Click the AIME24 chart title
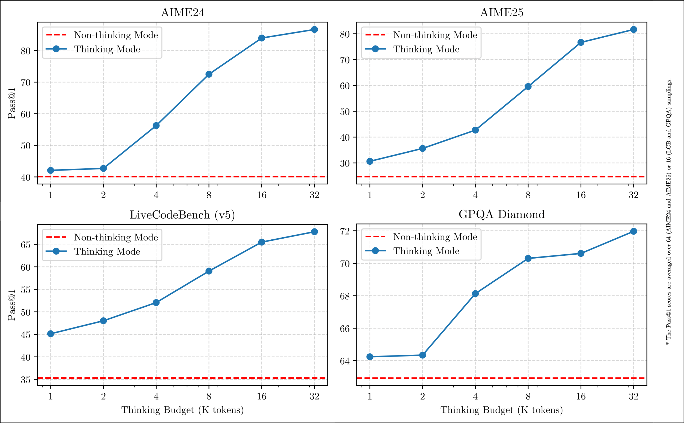pyautogui.click(x=183, y=13)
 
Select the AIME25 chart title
pyautogui.click(x=502, y=13)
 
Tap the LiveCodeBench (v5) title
pyautogui.click(x=182, y=215)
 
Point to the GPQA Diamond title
pyautogui.click(x=502, y=214)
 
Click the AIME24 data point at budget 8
pyautogui.click(x=209, y=74)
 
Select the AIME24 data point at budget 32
pyautogui.click(x=314, y=30)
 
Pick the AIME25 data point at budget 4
pyautogui.click(x=475, y=130)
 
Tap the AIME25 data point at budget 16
pyautogui.click(x=581, y=42)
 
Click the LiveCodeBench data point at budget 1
pyautogui.click(x=51, y=334)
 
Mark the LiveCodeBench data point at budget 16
pyautogui.click(x=262, y=242)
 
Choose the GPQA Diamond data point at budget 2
pyautogui.click(x=423, y=355)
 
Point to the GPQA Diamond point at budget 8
pyautogui.click(x=528, y=259)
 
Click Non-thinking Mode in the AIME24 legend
pyautogui.click(x=116, y=35)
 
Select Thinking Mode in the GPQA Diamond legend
pyautogui.click(x=426, y=251)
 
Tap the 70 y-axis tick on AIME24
pyautogui.click(x=25, y=82)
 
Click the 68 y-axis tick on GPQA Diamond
pyautogui.click(x=345, y=296)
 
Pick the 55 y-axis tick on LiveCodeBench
pyautogui.click(x=25, y=290)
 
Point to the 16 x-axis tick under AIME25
pyautogui.click(x=581, y=195)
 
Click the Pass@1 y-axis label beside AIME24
pyautogui.click(x=11, y=103)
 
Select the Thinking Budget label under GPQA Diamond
pyautogui.click(x=502, y=410)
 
